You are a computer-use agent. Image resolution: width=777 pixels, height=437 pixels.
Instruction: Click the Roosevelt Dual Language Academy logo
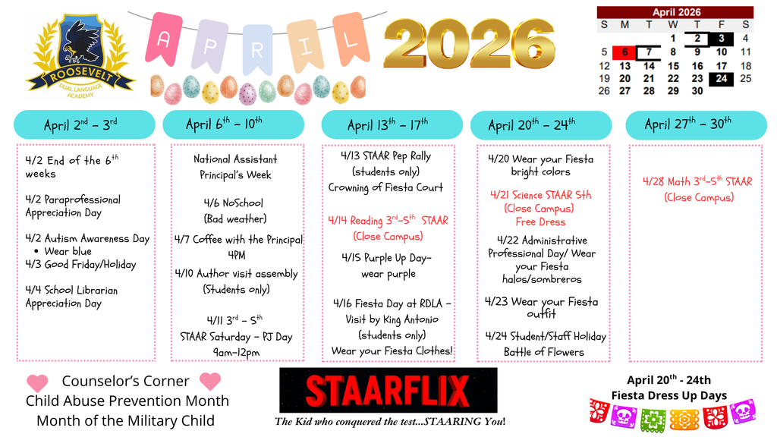pos(80,55)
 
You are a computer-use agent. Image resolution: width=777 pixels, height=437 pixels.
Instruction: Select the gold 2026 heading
pos(469,43)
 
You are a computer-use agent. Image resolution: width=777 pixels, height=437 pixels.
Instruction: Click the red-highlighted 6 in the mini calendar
pos(624,52)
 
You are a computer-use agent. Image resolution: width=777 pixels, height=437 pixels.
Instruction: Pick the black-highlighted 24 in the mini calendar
pos(721,78)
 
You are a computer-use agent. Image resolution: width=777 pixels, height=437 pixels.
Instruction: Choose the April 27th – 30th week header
pos(687,124)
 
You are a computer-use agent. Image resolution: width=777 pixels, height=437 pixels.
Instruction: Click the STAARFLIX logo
pos(388,391)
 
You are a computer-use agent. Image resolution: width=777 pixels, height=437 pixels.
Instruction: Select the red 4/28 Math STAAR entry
pos(697,182)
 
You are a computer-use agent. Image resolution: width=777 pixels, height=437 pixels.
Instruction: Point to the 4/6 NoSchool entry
pos(234,203)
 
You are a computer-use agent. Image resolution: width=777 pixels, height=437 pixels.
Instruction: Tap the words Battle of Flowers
pos(544,352)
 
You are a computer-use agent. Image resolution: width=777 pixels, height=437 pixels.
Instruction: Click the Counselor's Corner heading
pos(125,381)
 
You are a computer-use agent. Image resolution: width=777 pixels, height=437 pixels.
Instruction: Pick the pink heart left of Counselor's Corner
pos(36,382)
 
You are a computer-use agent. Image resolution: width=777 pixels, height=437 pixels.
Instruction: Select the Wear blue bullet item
pos(68,251)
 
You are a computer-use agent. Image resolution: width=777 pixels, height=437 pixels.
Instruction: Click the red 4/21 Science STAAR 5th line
pos(540,195)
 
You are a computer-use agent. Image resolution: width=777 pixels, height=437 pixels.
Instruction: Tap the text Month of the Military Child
pos(125,420)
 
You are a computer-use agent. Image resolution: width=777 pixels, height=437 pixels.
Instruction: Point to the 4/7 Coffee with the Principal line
pos(238,240)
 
